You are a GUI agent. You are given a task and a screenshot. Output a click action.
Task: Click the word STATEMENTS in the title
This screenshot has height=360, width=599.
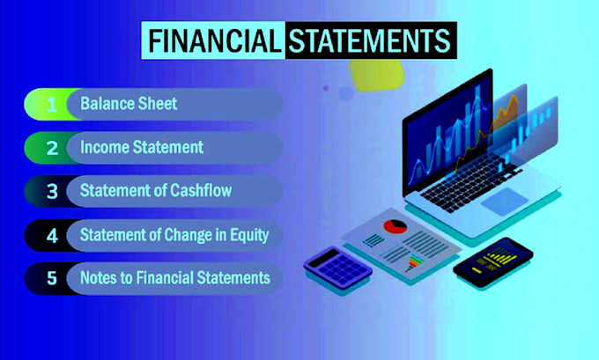tap(367, 40)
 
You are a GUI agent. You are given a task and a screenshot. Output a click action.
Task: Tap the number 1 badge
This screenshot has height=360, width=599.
tap(52, 105)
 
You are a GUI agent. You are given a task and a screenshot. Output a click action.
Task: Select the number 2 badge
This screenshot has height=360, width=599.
tap(52, 148)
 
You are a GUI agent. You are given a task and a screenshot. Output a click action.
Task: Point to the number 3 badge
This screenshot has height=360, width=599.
tap(52, 191)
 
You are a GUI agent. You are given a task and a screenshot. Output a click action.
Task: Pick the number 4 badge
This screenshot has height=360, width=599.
tap(52, 235)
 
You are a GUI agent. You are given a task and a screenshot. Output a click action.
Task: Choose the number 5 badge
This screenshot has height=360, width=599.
tap(52, 278)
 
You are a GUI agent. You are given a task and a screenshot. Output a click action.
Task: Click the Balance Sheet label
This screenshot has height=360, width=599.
tap(129, 105)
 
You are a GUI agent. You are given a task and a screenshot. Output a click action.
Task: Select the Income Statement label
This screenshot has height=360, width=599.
tap(141, 148)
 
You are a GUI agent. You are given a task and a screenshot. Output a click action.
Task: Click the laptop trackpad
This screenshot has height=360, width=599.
tap(505, 202)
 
